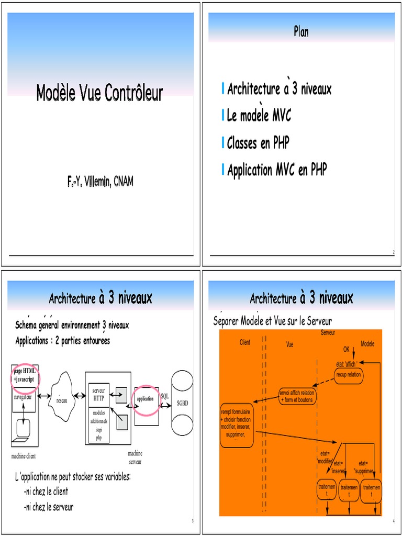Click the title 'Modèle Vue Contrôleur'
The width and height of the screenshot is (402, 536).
pos(99,93)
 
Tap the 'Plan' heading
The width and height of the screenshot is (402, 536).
pos(301,32)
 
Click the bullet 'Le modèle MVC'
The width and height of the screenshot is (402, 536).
pos(259,116)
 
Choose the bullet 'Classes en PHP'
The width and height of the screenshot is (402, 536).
pos(258,142)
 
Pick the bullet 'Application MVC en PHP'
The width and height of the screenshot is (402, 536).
pos(277,170)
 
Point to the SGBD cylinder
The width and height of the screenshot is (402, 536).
pos(182,404)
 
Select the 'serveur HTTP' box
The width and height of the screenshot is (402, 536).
pos(98,395)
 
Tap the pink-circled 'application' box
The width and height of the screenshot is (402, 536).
pos(146,399)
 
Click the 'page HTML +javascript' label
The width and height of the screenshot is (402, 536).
pos(25,374)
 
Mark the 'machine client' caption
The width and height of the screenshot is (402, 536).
pos(24,456)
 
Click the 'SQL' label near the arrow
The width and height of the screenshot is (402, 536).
pos(165,396)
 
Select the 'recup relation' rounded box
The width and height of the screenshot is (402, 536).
pos(348,375)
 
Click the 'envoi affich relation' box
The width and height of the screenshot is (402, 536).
pos(297,396)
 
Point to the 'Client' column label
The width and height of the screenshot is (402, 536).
pos(244,342)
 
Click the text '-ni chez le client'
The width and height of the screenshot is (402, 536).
pos(46,492)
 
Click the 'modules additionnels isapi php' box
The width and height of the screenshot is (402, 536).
pos(98,426)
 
